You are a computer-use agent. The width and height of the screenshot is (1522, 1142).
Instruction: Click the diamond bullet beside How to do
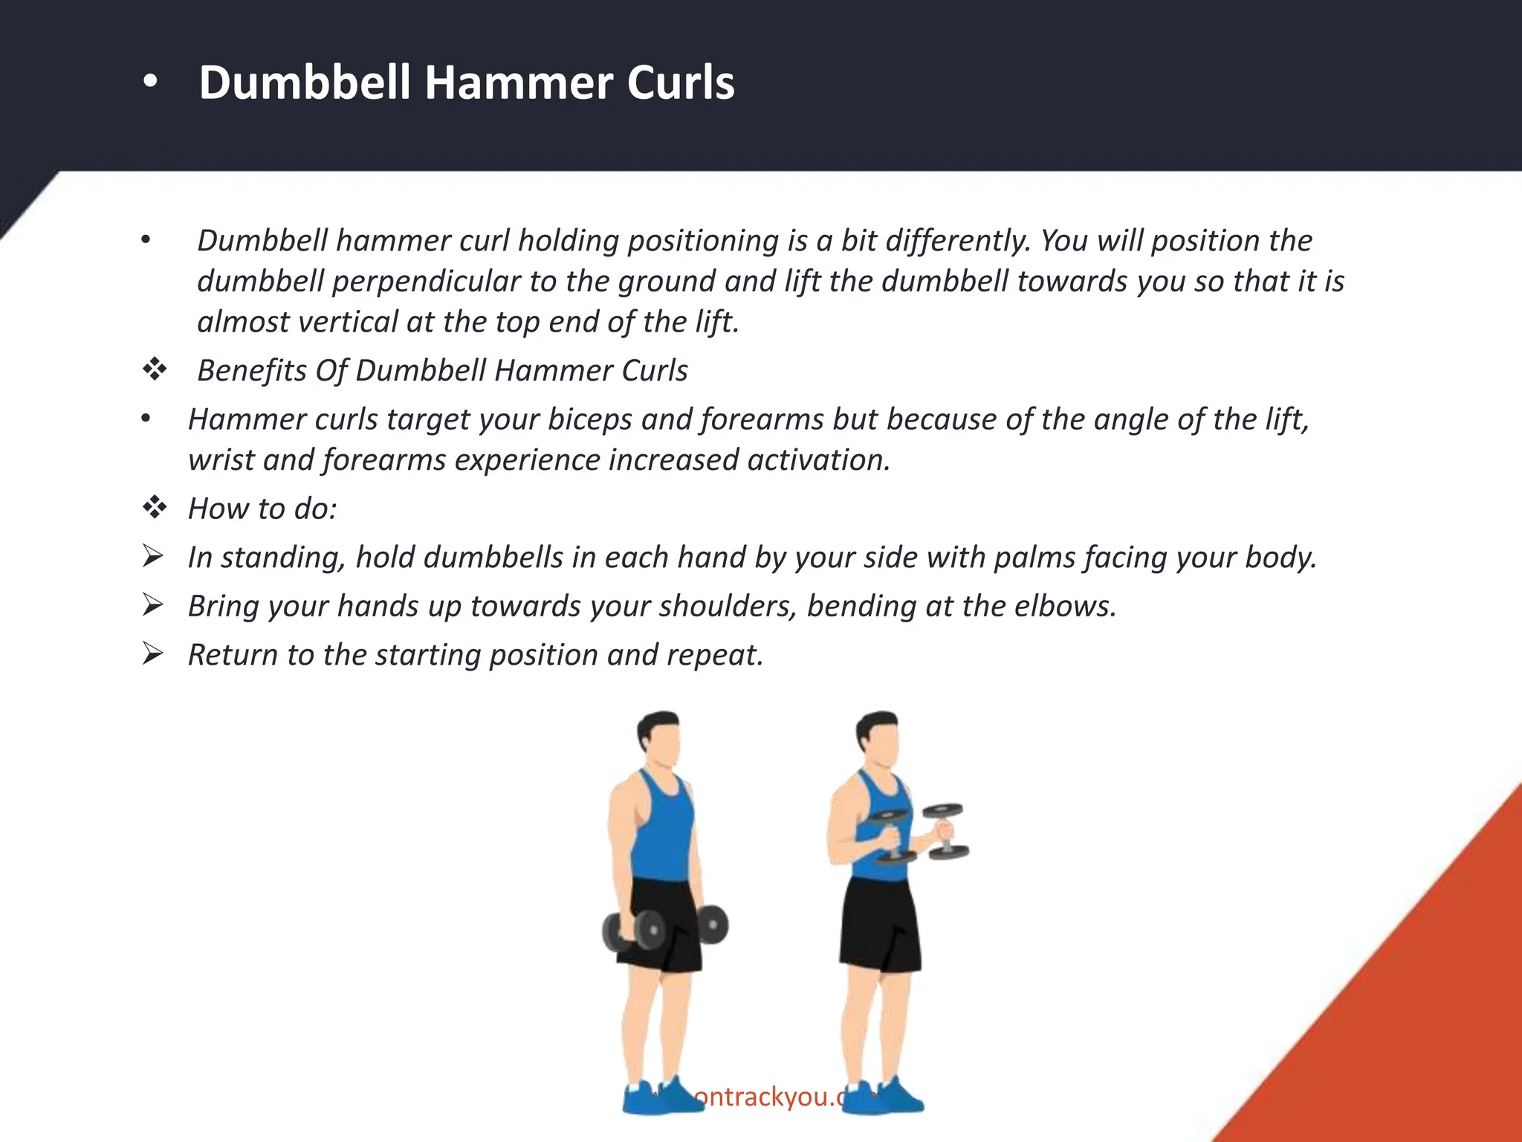coord(155,508)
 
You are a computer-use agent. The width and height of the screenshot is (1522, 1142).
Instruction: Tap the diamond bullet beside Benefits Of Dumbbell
coord(155,370)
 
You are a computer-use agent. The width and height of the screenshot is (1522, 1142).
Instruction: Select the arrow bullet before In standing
coord(153,556)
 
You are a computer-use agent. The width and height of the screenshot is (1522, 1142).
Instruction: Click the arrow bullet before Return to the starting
coord(153,654)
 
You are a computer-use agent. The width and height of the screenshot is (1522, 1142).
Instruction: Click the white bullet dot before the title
coord(150,83)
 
